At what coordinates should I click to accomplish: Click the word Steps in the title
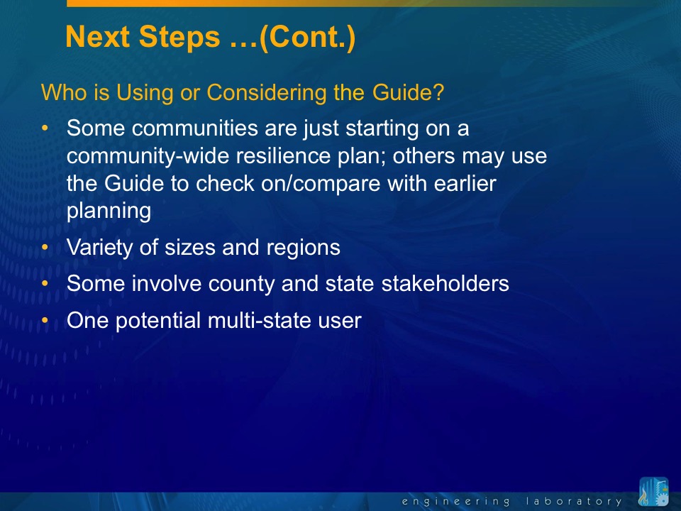click(179, 38)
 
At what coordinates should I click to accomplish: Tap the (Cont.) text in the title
click(307, 38)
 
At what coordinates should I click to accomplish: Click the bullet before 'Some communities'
click(45, 128)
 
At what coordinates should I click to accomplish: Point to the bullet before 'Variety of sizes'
click(45, 247)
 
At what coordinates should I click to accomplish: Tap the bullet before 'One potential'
click(45, 320)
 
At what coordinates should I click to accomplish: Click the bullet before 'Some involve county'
click(45, 283)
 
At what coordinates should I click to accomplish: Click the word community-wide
click(148, 157)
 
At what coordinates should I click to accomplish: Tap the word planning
click(109, 211)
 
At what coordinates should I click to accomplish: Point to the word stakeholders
click(445, 283)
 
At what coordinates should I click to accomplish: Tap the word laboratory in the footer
click(574, 502)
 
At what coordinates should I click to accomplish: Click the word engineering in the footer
click(455, 502)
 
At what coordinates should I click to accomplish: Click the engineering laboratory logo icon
click(653, 492)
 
